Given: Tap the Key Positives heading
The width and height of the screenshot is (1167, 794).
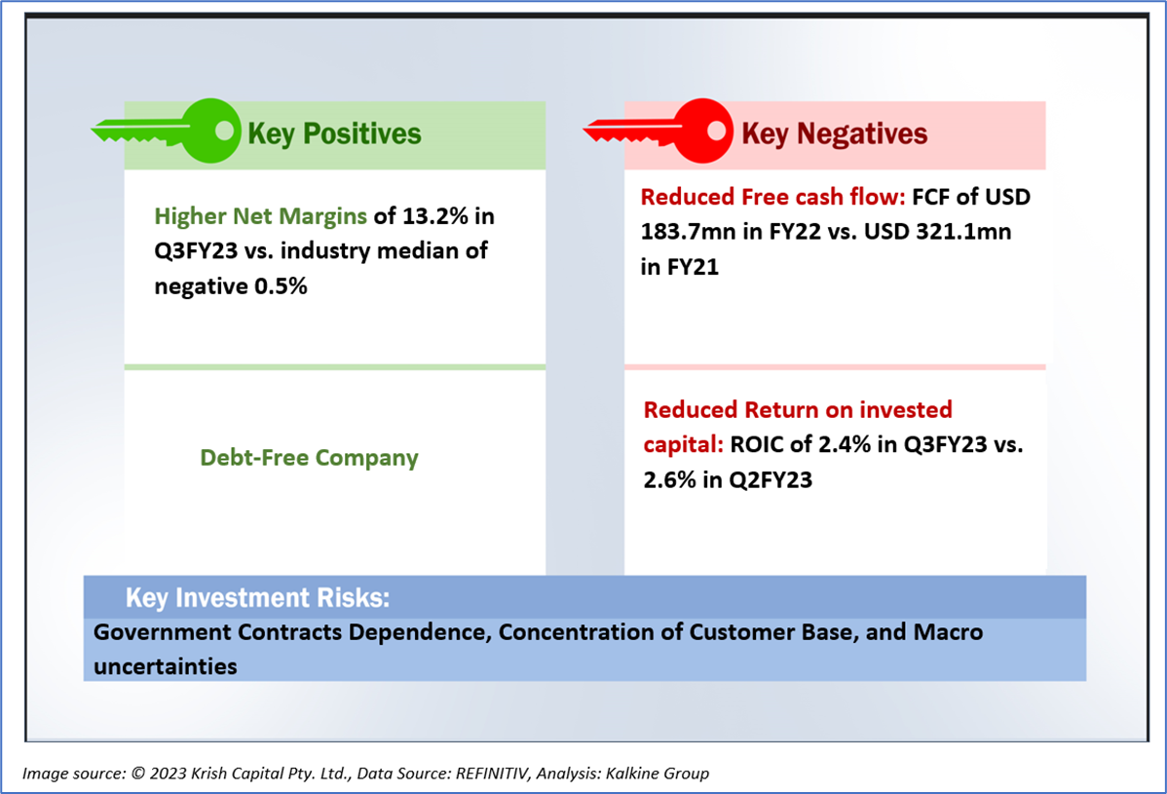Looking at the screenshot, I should [x=334, y=133].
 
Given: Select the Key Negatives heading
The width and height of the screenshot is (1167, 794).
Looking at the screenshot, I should [x=834, y=133].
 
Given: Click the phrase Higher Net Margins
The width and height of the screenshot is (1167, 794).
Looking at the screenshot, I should [x=260, y=215].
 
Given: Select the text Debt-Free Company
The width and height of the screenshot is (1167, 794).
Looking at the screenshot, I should [x=309, y=457].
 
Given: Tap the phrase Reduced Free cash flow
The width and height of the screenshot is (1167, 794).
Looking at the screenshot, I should [x=772, y=197].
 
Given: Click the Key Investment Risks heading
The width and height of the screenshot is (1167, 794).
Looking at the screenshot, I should [x=257, y=597].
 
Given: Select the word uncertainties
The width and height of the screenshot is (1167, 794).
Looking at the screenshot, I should [x=166, y=667].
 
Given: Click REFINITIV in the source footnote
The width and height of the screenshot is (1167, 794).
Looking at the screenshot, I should [x=482, y=774].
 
